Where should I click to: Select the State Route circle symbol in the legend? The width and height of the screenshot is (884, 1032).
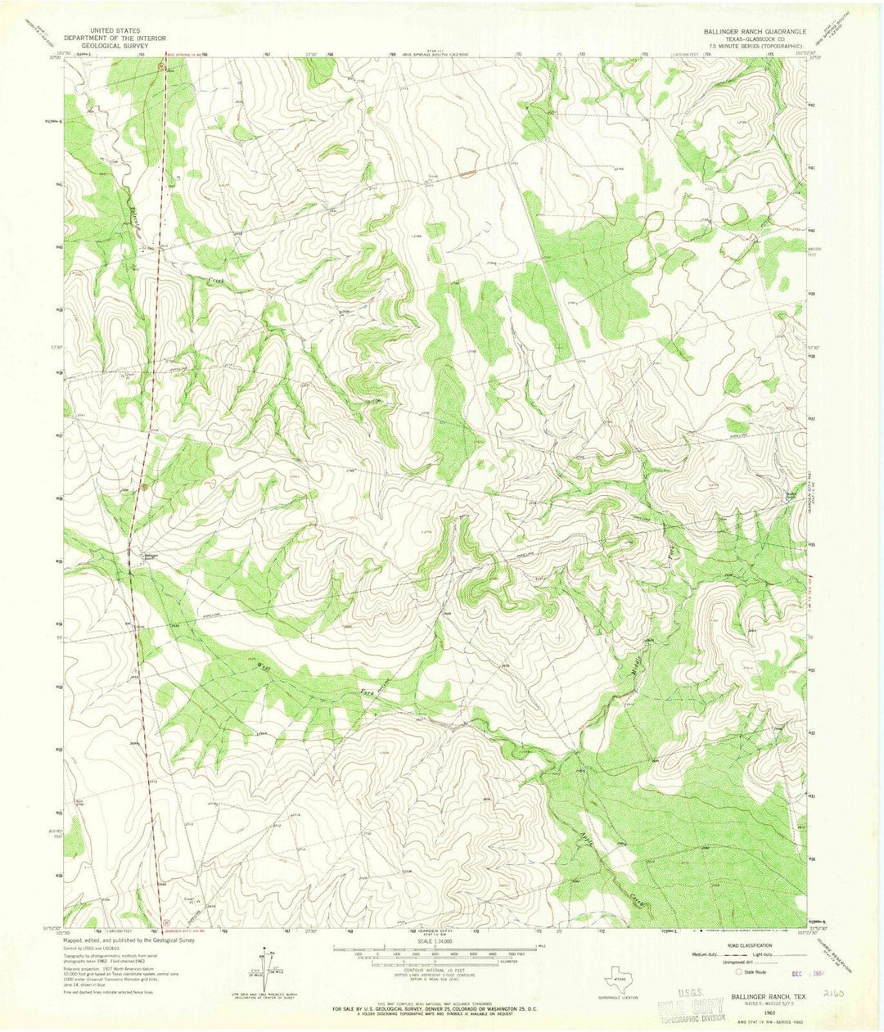click(x=738, y=971)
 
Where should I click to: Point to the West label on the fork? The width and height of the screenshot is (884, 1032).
click(x=264, y=668)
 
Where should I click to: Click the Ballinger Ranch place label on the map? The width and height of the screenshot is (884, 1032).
click(x=148, y=556)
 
